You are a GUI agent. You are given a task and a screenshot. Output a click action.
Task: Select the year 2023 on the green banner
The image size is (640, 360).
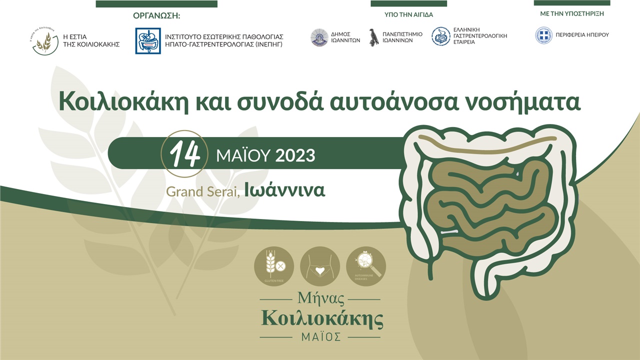pyautogui.click(x=295, y=155)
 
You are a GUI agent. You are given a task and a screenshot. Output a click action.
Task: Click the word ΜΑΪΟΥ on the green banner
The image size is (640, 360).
pyautogui.click(x=243, y=155)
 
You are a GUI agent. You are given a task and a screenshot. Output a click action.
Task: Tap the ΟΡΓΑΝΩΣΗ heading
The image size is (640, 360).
pyautogui.click(x=156, y=16)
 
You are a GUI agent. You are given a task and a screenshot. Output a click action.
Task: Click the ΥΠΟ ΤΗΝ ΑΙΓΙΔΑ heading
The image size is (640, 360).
pyautogui.click(x=408, y=15)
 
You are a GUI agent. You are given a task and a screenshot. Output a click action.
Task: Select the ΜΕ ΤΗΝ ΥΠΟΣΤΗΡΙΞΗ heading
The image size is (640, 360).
pyautogui.click(x=571, y=14)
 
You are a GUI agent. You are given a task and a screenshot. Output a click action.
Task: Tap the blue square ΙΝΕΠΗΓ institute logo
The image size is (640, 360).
pyautogui.click(x=148, y=40)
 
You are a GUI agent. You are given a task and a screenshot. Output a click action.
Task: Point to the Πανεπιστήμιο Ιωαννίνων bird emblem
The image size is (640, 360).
pyautogui.click(x=373, y=37)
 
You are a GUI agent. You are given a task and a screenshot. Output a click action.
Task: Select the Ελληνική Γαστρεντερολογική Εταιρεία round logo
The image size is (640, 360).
pyautogui.click(x=440, y=36)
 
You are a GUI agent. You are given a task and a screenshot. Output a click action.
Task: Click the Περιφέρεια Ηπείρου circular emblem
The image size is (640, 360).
pyautogui.click(x=544, y=35)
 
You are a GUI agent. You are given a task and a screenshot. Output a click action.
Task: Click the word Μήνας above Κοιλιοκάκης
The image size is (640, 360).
pyautogui.click(x=321, y=299)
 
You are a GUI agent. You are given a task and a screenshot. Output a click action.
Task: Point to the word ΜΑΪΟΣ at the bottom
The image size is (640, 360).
pyautogui.click(x=321, y=336)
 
